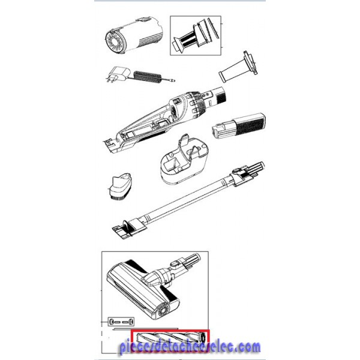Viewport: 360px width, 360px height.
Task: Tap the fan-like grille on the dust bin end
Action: pos(115,42)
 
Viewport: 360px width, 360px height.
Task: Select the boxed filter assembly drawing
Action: pos(196,35)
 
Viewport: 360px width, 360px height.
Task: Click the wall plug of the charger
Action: pos(118,74)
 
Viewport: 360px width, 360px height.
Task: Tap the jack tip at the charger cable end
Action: pos(172,80)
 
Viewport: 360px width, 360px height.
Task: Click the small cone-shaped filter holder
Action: pos(238,67)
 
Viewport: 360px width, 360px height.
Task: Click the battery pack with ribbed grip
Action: pos(239,126)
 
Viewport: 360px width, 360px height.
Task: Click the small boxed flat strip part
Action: pos(121,322)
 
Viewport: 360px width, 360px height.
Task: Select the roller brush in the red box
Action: pos(170,340)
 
